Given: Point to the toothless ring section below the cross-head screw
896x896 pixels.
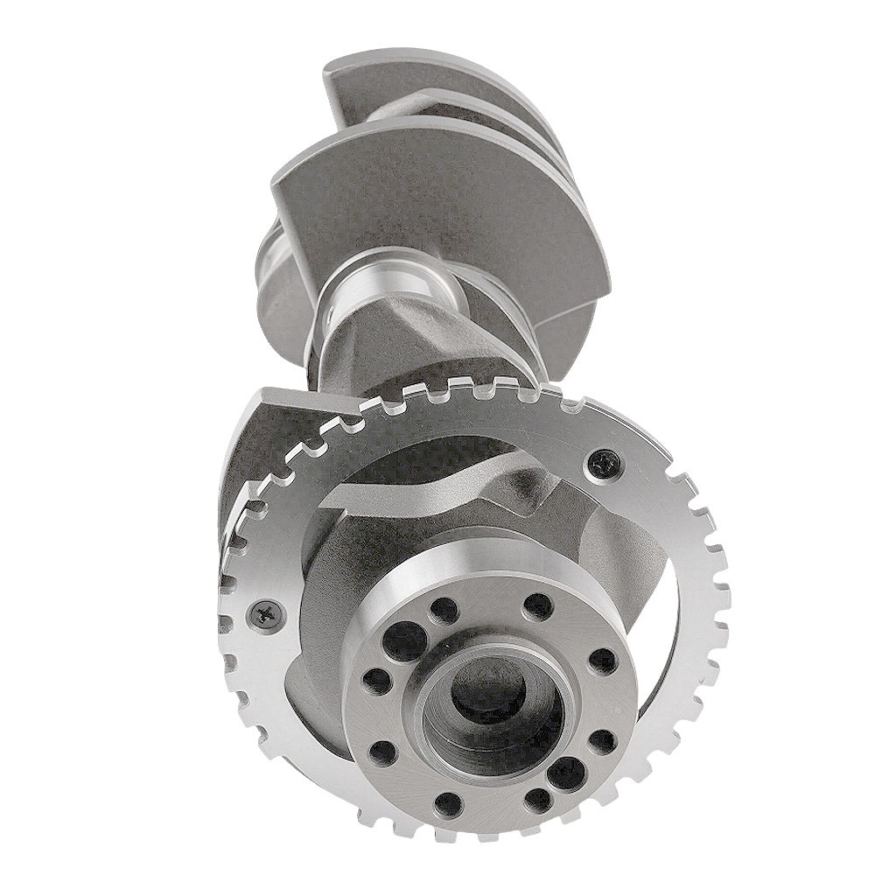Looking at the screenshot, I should click(262, 691).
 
